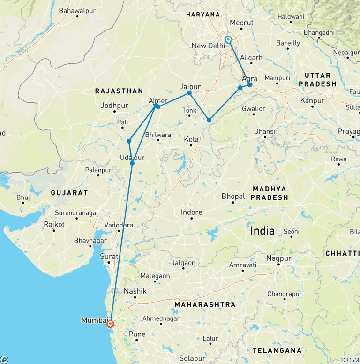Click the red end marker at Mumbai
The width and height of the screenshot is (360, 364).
pyautogui.click(x=110, y=324)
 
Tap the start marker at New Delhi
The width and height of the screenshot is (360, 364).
pyautogui.click(x=228, y=40)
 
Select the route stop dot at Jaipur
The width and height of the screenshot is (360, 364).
pyautogui.click(x=189, y=93)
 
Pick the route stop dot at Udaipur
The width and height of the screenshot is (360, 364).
pyautogui.click(x=132, y=163)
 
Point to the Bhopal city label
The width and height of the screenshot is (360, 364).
pyautogui.click(x=233, y=196)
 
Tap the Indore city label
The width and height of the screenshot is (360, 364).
pyautogui.click(x=191, y=212)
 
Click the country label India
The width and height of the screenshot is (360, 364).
pyautogui.click(x=262, y=231)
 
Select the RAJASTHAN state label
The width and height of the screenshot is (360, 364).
pyautogui.click(x=119, y=91)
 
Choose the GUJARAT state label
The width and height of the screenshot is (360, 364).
pyautogui.click(x=69, y=193)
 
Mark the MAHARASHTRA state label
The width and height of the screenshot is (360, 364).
pyautogui.click(x=205, y=305)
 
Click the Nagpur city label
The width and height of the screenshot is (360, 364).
pyautogui.click(x=278, y=258)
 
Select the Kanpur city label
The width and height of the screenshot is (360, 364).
pyautogui.click(x=313, y=100)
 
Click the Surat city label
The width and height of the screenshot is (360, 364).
pyautogui.click(x=109, y=256)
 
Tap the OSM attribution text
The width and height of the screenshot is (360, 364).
pyautogui.click(x=350, y=360)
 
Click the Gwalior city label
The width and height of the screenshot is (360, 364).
pyautogui.click(x=254, y=109)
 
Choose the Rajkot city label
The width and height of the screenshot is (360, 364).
pyautogui.click(x=55, y=225)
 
